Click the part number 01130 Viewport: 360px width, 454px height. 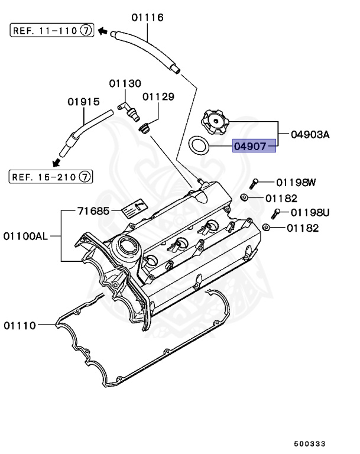point(125,83)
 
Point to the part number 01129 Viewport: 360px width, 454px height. point(158,96)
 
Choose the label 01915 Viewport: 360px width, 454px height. point(83,102)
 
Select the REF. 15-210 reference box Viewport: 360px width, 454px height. point(50,176)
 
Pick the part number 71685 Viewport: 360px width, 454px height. point(93,210)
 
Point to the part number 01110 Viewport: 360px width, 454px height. point(21,325)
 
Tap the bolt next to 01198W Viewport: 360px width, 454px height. point(255,183)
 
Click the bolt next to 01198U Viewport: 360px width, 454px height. point(276,213)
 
